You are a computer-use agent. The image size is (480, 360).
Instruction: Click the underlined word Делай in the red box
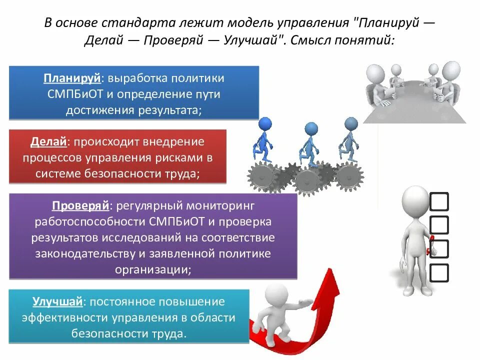pyautogui.click(x=48, y=142)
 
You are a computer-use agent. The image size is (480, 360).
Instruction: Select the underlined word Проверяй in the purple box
pyautogui.click(x=81, y=205)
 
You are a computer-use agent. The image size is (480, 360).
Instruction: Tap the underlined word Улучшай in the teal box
pyautogui.click(x=57, y=301)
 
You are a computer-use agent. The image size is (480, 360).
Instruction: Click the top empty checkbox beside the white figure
pyautogui.click(x=439, y=201)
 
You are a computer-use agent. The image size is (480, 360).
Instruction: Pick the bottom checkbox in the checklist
pyautogui.click(x=439, y=272)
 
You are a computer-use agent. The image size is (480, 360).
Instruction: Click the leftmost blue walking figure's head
pyautogui.click(x=265, y=123)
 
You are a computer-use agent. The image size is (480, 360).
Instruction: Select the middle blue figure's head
pyautogui.click(x=311, y=128)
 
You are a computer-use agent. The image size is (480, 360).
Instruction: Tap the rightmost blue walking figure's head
pyautogui.click(x=351, y=123)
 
